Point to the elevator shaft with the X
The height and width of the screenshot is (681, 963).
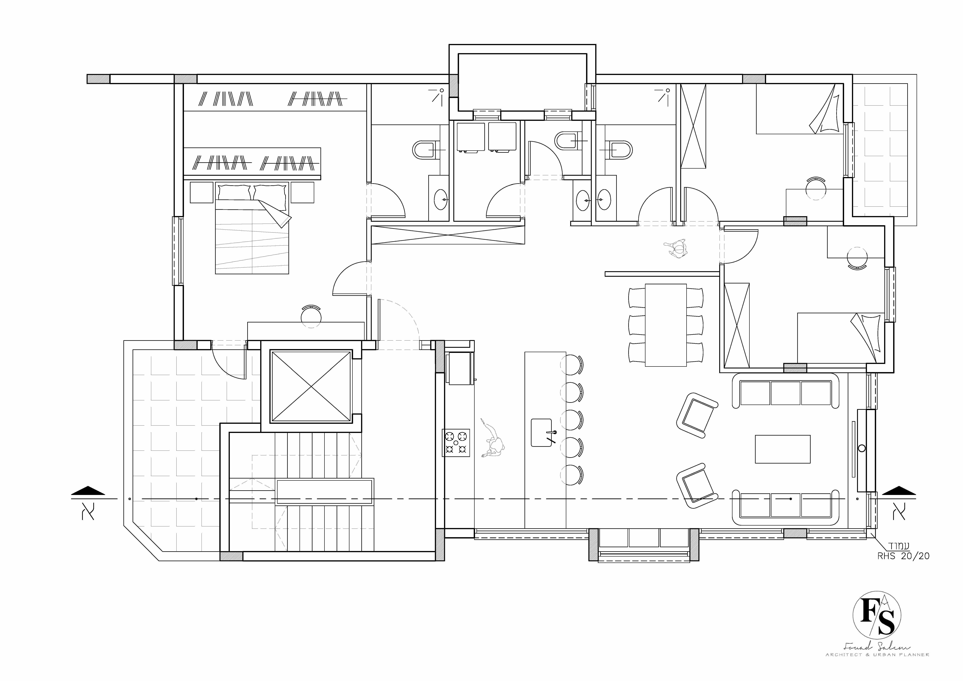point(310,386)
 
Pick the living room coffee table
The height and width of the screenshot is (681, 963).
point(782,449)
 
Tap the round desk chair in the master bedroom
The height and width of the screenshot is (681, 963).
point(311,317)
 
